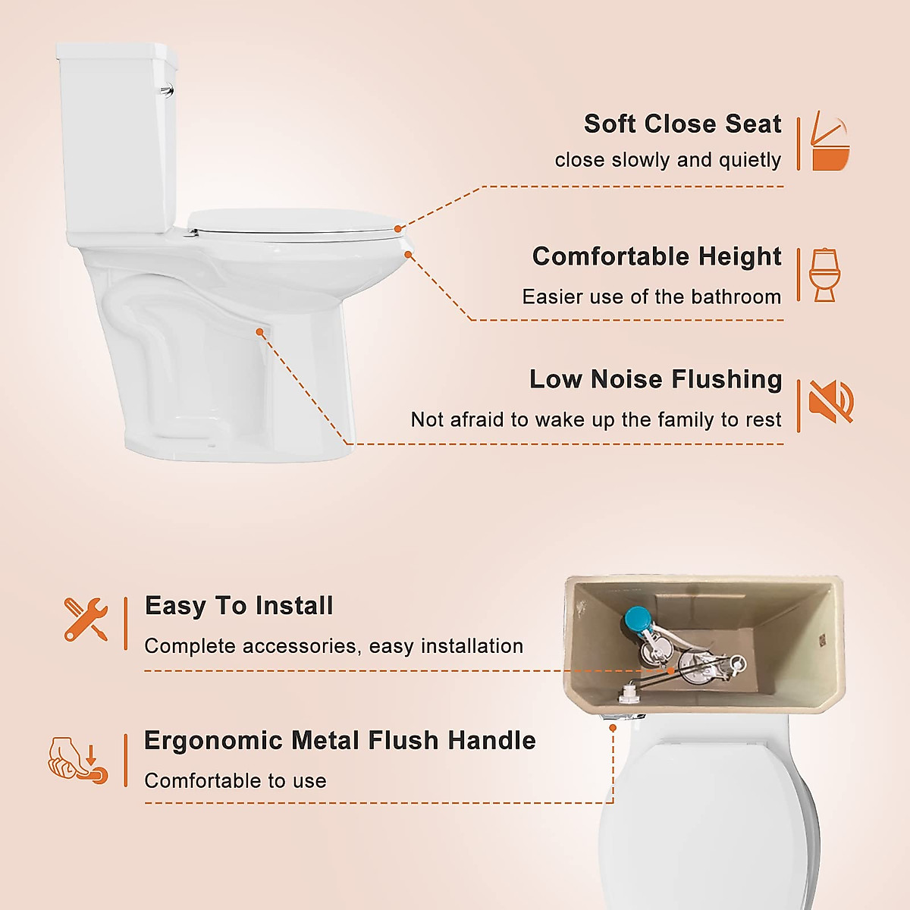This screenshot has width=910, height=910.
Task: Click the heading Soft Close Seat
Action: (682, 124)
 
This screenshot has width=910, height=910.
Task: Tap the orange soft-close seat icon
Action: (829, 142)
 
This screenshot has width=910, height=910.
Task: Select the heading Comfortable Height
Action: (656, 256)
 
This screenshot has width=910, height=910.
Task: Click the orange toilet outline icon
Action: (824, 275)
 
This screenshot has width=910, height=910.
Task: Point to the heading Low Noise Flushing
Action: (655, 379)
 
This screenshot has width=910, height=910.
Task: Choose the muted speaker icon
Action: (830, 401)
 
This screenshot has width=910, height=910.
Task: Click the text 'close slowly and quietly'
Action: (667, 160)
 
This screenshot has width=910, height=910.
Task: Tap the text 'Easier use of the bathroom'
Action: (651, 297)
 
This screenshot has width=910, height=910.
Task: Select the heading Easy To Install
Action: (239, 606)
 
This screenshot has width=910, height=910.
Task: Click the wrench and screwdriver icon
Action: (86, 620)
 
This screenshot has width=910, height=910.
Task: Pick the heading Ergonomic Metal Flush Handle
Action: (340, 740)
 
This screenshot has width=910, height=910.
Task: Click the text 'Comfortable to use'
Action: (235, 780)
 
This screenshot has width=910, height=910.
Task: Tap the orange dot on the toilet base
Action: (259, 331)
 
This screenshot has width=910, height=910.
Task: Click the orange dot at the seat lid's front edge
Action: (398, 227)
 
